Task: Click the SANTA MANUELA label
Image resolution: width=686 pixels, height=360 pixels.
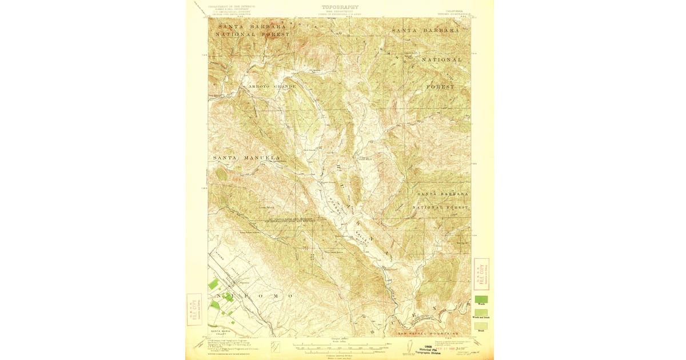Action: [x=246, y=157]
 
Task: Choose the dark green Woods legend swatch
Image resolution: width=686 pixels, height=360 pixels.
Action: [x=481, y=299]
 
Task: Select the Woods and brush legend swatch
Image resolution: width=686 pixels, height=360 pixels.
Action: [x=481, y=313]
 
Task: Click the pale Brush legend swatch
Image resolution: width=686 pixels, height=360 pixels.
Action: [x=481, y=326]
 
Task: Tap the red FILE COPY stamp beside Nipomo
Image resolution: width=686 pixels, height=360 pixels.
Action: [x=194, y=309]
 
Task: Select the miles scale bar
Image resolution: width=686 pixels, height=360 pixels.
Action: [x=340, y=345]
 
